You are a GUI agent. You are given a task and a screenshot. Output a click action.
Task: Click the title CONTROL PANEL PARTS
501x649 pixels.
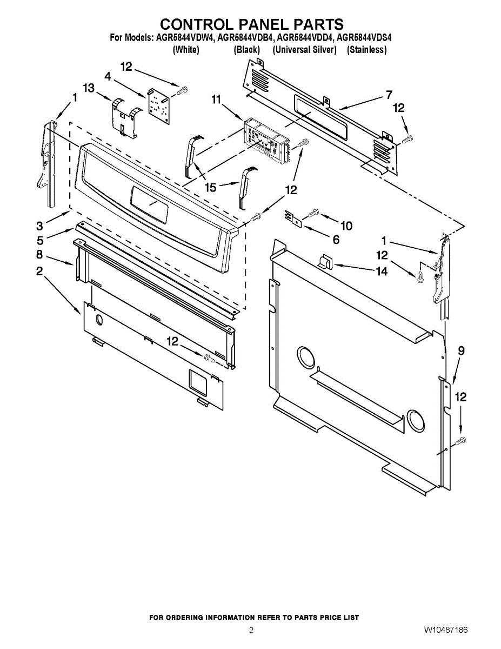(x=252, y=24)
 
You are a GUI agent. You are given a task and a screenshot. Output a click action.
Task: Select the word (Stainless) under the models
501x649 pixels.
(x=366, y=50)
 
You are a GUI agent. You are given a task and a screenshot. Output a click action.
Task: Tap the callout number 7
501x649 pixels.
(x=389, y=94)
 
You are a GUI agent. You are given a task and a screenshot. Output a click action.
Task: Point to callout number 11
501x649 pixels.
(x=216, y=99)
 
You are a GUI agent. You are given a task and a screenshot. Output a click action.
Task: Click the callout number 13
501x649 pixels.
(x=89, y=88)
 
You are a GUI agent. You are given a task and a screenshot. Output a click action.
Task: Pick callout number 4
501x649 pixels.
(x=108, y=77)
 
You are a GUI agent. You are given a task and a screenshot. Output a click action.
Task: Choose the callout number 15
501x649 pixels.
(x=210, y=188)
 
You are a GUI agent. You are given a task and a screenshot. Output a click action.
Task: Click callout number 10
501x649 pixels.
(x=346, y=226)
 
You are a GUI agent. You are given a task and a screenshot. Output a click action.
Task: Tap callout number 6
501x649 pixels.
(x=336, y=240)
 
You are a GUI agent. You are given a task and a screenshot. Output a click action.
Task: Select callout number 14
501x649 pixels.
(x=382, y=271)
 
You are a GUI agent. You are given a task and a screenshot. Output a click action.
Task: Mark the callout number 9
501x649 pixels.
(x=461, y=350)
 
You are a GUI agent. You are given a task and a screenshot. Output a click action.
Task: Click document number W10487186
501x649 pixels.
(x=446, y=630)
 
